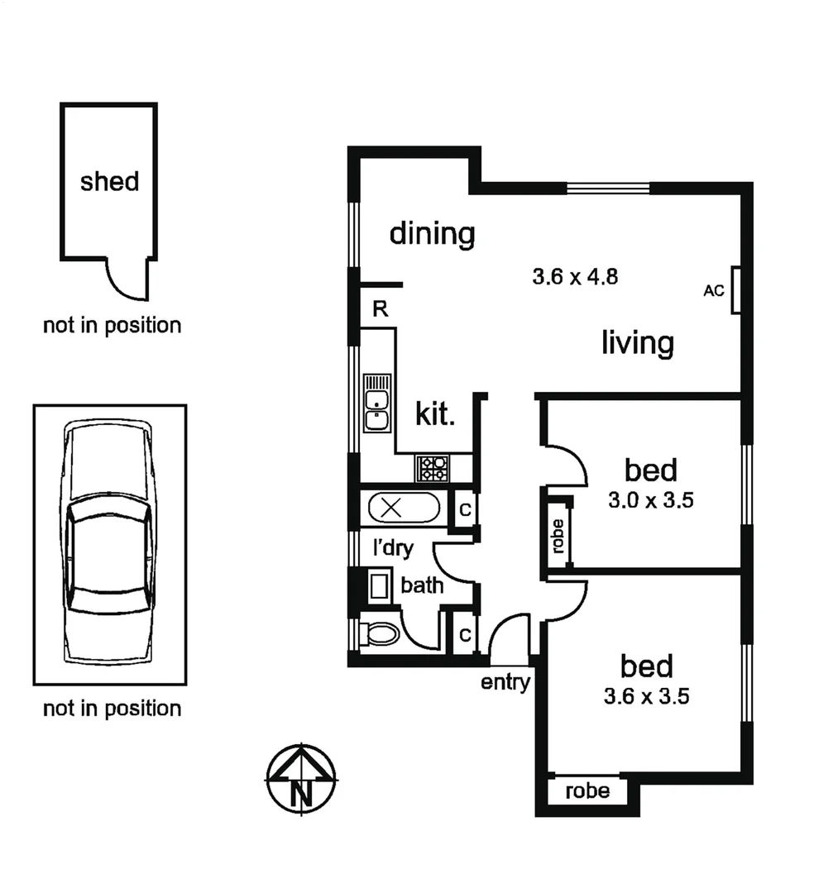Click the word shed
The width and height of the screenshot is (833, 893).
tap(109, 181)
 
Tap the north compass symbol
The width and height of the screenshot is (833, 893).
tap(301, 779)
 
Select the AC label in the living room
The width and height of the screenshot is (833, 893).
tap(713, 290)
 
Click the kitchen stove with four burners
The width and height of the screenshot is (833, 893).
tap(433, 469)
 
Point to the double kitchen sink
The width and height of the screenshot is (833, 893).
tap(377, 402)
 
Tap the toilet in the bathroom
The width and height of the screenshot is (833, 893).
tap(381, 634)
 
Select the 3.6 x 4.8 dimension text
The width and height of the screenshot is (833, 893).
tap(575, 276)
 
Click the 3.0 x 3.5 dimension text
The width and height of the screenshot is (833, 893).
tap(651, 501)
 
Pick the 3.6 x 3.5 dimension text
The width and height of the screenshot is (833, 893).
tap(647, 696)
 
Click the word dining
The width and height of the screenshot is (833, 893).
tap(432, 233)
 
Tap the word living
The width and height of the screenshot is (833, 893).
tap(637, 341)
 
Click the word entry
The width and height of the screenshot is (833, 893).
tap(505, 682)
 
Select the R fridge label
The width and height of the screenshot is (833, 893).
tap(380, 309)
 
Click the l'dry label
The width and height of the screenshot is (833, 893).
tap(393, 547)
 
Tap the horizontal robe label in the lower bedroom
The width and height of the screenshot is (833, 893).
tap(587, 791)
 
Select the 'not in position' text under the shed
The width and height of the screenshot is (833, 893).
tap(112, 325)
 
